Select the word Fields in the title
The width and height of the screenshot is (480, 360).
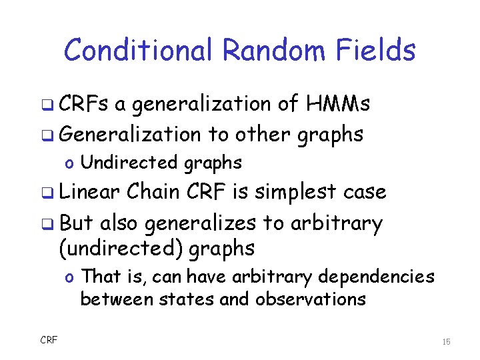[377, 51]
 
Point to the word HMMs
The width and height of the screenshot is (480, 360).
[338, 104]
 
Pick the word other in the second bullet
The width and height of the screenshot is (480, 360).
[262, 134]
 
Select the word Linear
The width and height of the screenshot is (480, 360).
[93, 192]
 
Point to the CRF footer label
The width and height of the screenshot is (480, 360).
[49, 341]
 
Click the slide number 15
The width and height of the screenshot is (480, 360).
[445, 342]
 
